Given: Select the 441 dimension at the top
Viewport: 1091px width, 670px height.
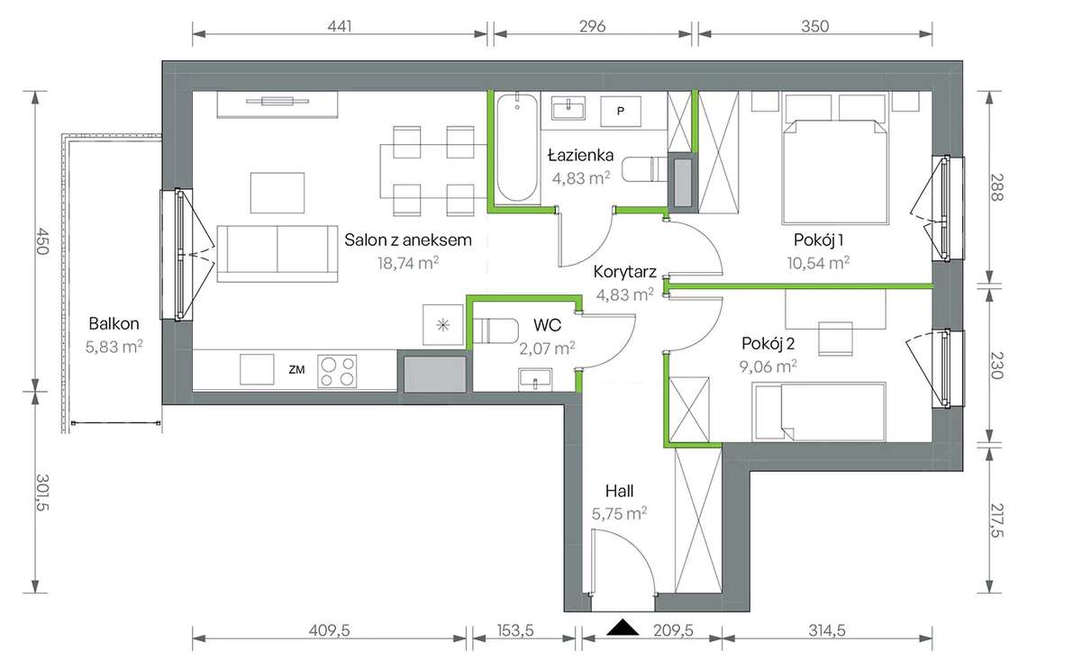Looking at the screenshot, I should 339,26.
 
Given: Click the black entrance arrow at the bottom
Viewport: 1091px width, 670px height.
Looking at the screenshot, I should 622,628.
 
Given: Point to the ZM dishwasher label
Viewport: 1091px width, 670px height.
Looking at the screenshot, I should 295,368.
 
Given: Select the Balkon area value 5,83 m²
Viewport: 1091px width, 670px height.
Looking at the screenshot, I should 114,346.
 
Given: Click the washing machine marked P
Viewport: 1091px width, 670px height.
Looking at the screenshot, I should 620,111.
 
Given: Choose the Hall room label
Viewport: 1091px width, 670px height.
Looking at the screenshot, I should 619,492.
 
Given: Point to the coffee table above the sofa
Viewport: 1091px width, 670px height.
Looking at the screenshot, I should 276,191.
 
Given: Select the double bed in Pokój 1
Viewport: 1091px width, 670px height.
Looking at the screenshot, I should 837,171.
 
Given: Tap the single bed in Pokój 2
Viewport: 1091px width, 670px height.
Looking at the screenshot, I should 820,412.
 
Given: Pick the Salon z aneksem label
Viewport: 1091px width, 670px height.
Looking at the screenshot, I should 408,240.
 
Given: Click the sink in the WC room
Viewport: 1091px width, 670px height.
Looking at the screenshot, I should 536,381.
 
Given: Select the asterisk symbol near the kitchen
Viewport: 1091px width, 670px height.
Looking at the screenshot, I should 442,325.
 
